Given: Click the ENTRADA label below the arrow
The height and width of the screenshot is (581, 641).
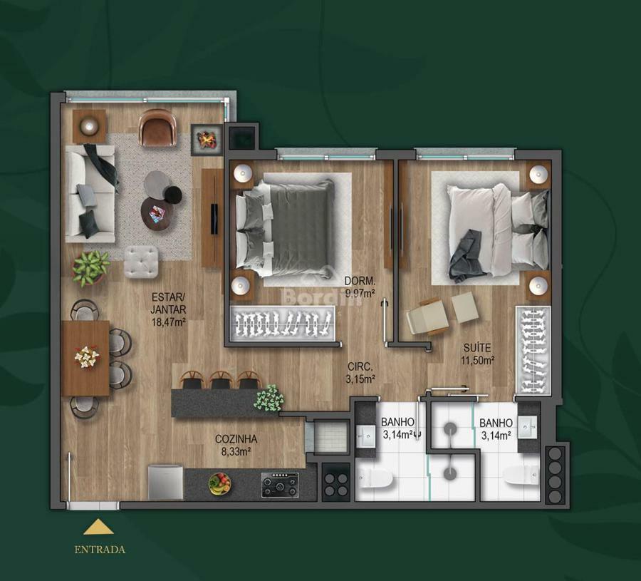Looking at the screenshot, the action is [100, 550].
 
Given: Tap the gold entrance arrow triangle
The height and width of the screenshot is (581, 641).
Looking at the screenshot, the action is [98, 527].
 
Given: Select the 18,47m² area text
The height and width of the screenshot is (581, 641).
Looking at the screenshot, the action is [168, 322].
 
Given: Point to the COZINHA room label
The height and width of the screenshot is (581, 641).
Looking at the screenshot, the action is [236, 439].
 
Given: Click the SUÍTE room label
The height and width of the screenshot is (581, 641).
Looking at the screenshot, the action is [477, 348].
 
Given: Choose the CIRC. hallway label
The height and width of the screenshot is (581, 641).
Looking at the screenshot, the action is [360, 366].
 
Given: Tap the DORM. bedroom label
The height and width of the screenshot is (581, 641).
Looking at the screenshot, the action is [360, 281].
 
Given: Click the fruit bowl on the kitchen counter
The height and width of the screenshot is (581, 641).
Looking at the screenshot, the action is [219, 483].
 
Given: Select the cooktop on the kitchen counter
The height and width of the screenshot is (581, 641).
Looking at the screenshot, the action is [280, 485].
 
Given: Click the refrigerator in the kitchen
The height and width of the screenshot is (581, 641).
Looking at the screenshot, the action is [165, 482].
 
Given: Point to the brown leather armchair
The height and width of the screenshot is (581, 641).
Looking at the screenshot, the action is [157, 127].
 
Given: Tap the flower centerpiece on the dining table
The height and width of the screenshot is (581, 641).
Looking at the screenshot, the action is [87, 356].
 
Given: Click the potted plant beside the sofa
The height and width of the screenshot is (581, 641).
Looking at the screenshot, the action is [90, 268].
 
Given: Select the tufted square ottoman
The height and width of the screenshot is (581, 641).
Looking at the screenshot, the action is [141, 262].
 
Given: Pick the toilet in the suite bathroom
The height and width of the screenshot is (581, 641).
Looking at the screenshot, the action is [521, 475].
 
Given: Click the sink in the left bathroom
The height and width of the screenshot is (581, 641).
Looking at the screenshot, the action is [366, 437].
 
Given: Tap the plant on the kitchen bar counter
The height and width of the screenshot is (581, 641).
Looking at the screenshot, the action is [269, 398].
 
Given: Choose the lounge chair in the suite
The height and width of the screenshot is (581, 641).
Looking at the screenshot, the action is [427, 317].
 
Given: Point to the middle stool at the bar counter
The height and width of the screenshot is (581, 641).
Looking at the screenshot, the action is [221, 380].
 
